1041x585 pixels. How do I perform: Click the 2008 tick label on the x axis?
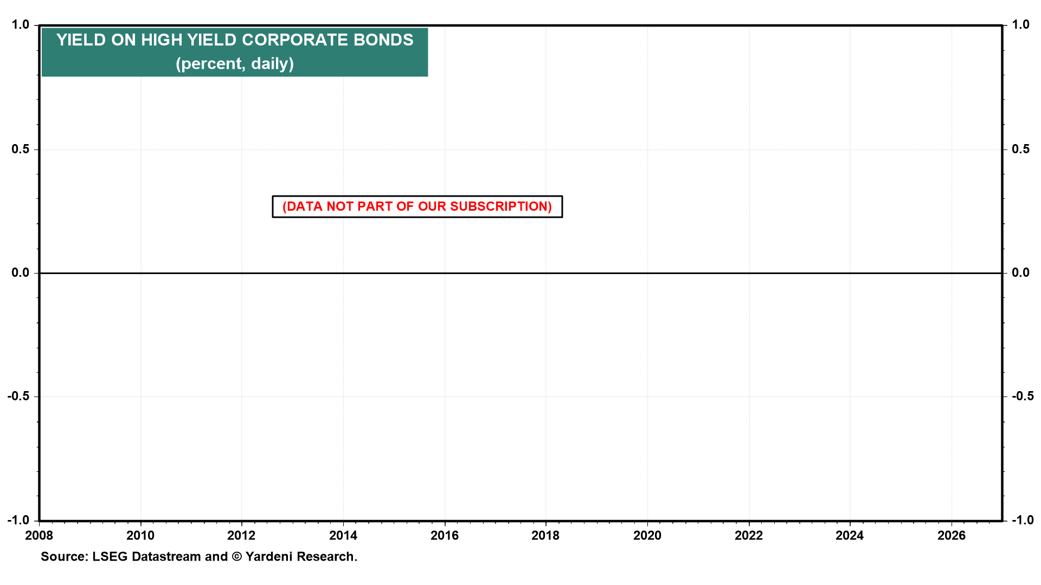point(39,536)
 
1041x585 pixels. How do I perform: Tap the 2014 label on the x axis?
point(343,536)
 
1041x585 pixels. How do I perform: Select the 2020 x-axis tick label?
point(647,536)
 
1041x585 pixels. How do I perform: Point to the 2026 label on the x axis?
point(952,536)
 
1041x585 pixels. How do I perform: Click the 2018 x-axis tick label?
point(546,536)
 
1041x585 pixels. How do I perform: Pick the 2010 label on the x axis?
point(140,536)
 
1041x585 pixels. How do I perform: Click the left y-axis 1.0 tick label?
point(21,25)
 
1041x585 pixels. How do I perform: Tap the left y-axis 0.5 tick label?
point(21,149)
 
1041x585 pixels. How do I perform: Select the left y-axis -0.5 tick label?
point(18,396)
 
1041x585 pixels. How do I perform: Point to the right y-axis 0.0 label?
point(1021,273)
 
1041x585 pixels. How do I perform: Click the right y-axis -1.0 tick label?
point(1023,520)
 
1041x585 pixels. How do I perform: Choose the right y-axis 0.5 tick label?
point(1021,149)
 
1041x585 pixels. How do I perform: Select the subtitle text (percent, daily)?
point(235,64)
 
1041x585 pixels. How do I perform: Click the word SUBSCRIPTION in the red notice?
point(500,207)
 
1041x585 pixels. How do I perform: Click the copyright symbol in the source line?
point(236,557)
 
